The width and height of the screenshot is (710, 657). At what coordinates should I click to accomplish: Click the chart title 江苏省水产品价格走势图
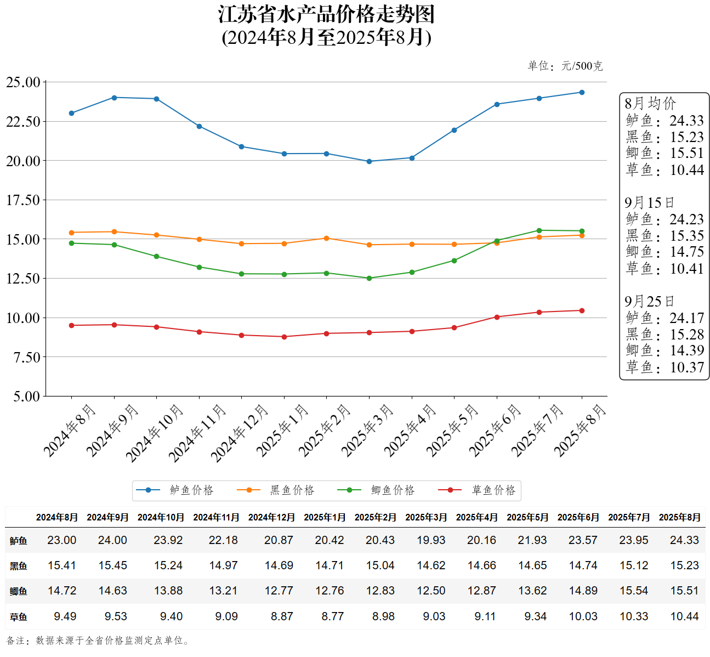pyautogui.click(x=326, y=15)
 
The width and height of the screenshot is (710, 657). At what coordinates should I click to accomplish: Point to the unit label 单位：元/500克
pyautogui.click(x=565, y=66)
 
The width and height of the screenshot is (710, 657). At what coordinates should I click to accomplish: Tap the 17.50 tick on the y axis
pyautogui.click(x=23, y=200)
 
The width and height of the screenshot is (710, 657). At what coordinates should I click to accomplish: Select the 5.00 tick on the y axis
pyautogui.click(x=26, y=396)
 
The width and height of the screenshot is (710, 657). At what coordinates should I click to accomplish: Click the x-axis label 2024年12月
pyautogui.click(x=240, y=433)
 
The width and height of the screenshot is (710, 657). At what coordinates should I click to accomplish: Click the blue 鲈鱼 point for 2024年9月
pyautogui.click(x=114, y=98)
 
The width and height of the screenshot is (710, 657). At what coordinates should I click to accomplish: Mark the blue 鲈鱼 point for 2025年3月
pyautogui.click(x=369, y=161)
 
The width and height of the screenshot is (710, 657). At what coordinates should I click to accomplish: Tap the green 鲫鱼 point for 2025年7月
pyautogui.click(x=539, y=230)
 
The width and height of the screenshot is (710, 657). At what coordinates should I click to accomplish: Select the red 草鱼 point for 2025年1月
pyautogui.click(x=284, y=337)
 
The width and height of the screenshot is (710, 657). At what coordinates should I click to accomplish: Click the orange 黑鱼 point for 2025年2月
pyautogui.click(x=327, y=238)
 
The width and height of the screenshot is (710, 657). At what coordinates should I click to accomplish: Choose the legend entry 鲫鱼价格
pyautogui.click(x=393, y=490)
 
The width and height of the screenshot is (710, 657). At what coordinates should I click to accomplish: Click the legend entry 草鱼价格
pyautogui.click(x=493, y=490)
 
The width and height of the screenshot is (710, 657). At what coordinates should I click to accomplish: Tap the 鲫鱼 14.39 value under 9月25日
pyautogui.click(x=686, y=350)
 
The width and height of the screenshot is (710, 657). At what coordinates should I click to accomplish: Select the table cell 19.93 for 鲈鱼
pyautogui.click(x=431, y=540)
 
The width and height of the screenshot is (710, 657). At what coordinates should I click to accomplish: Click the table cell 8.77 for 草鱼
pyautogui.click(x=332, y=616)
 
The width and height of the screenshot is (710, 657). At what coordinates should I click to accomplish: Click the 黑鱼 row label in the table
pyautogui.click(x=18, y=566)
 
